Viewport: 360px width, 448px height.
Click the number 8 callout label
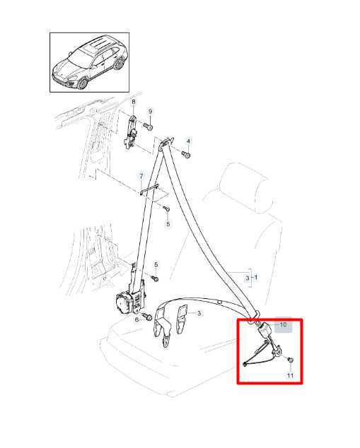[133, 102]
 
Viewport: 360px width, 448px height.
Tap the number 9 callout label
[150, 112]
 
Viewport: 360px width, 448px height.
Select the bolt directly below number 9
[148, 126]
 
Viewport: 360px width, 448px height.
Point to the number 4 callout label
[188, 141]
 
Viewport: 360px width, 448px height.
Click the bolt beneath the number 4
[186, 154]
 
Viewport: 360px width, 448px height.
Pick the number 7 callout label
[141, 176]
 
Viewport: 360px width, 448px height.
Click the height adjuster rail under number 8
[131, 131]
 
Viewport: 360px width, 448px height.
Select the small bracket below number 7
[149, 190]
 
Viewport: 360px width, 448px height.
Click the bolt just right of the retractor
[148, 317]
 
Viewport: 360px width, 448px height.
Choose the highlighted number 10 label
[283, 324]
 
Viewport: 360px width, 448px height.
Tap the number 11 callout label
[290, 375]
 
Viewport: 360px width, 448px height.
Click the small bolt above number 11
[291, 360]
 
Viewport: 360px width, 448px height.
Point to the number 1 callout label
[256, 278]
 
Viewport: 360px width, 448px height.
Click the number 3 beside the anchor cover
[199, 313]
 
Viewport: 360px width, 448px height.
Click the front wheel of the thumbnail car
[83, 83]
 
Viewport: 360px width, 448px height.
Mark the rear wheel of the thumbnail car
[118, 64]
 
